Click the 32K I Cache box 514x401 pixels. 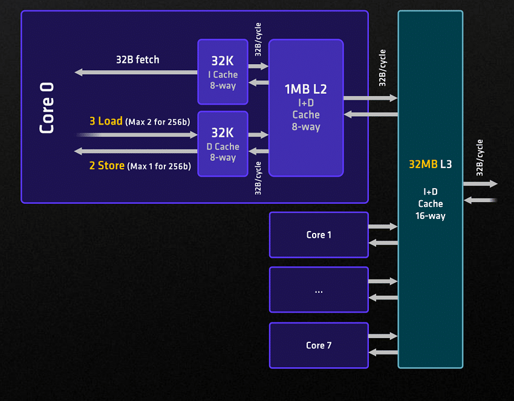(223, 72)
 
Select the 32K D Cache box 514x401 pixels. (223, 144)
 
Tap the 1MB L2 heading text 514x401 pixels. (305, 89)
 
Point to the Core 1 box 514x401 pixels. (319, 235)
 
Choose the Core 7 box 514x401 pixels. (319, 345)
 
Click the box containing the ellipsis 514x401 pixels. (319, 290)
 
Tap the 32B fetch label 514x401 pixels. (138, 60)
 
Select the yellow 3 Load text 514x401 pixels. (106, 121)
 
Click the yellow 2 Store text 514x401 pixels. (107, 166)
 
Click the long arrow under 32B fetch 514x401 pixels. (136, 72)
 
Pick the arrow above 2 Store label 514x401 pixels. (136, 151)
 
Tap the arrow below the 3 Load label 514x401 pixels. (137, 135)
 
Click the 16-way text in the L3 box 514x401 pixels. (431, 216)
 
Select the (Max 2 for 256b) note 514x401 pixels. (158, 122)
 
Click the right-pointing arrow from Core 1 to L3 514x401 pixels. (383, 226)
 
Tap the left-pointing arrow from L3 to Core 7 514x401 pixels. (383, 353)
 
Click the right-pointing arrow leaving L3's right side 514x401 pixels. (481, 184)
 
